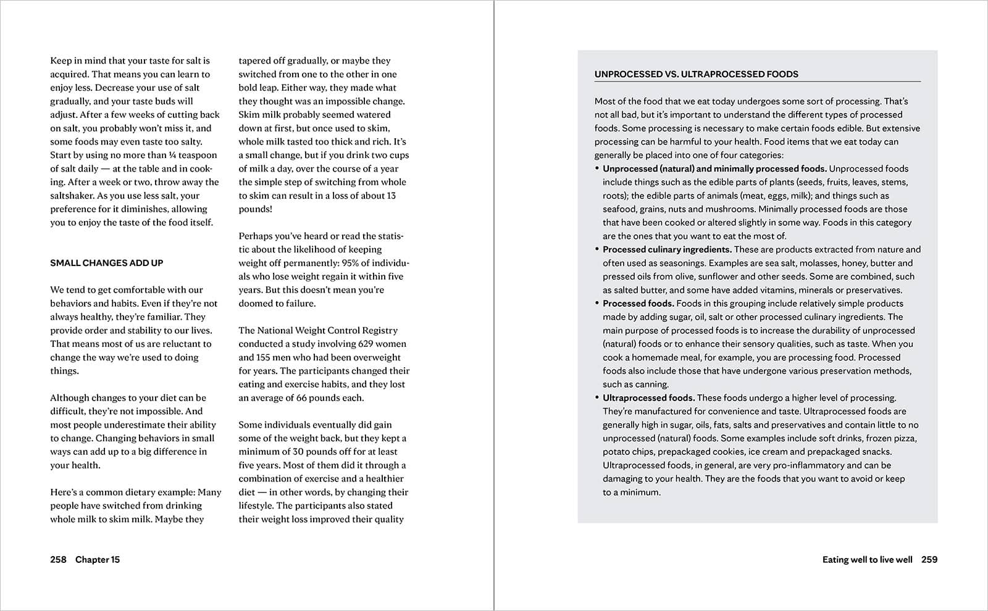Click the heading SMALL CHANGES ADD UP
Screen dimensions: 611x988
(x=107, y=263)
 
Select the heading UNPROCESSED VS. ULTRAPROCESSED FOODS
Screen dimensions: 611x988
(x=696, y=74)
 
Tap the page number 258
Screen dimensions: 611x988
(x=58, y=560)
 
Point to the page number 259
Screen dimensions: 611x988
(x=929, y=560)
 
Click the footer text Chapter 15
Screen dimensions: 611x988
(x=98, y=560)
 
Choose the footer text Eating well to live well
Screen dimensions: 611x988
(x=867, y=560)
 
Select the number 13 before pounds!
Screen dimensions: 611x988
(x=391, y=196)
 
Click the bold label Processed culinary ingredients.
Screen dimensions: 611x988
(x=667, y=249)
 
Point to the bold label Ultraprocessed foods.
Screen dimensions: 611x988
(x=648, y=398)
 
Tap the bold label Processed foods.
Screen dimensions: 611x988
(x=638, y=304)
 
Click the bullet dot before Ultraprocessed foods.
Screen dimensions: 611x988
(x=597, y=398)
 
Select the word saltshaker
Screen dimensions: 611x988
(x=73, y=196)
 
